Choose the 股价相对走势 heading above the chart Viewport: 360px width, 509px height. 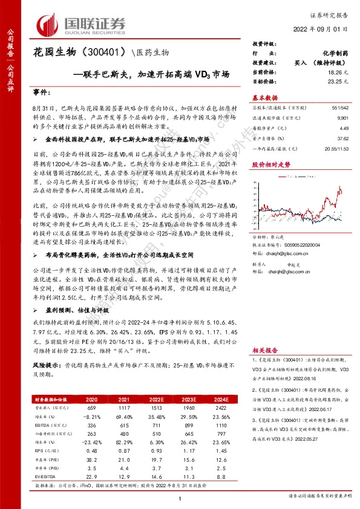(x=270, y=164)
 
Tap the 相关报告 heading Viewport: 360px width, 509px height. (x=264, y=349)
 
